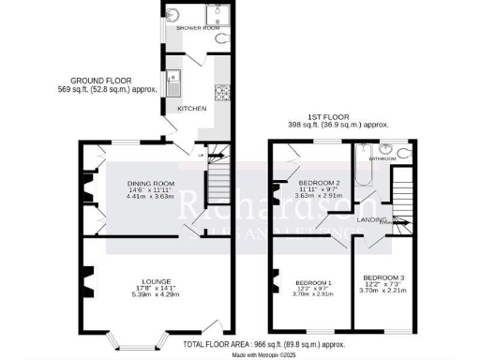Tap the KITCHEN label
coord(191,108)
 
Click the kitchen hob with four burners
coord(223,92)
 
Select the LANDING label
coord(373,220)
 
